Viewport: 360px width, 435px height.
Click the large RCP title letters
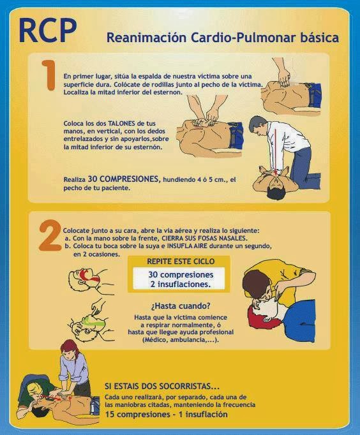[x=48, y=31]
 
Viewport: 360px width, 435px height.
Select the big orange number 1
[x=49, y=75]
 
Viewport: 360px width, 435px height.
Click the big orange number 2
[x=50, y=235]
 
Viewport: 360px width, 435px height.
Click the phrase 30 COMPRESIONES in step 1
[x=124, y=179]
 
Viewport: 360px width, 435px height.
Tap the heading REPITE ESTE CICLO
[x=181, y=262]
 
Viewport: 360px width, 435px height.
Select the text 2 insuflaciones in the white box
[x=181, y=284]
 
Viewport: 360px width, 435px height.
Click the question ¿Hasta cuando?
[x=181, y=306]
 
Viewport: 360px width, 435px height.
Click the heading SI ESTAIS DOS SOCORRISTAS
[x=162, y=386]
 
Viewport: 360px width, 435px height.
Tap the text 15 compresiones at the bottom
[x=135, y=415]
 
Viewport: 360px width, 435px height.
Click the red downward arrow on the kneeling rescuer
[x=276, y=151]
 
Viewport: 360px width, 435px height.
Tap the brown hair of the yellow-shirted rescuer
[x=255, y=284]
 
